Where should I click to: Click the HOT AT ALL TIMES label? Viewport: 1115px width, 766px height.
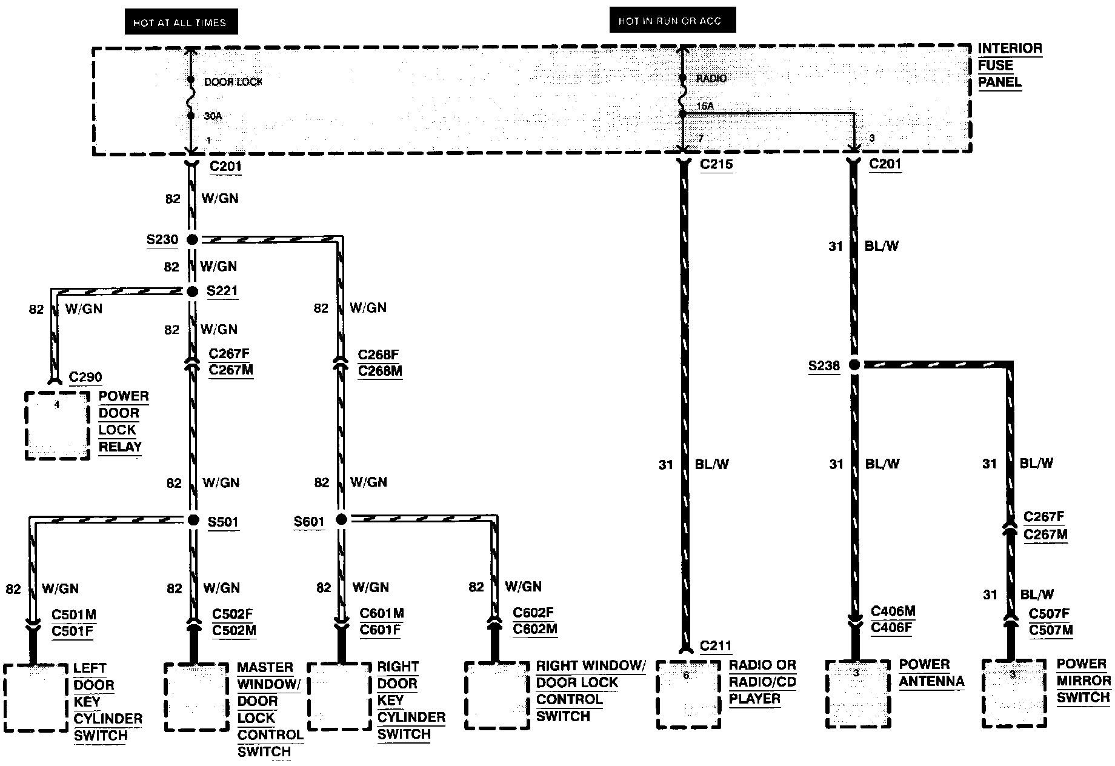point(180,22)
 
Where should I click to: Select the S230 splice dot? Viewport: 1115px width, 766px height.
point(192,240)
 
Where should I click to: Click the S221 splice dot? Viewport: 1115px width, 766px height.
point(192,291)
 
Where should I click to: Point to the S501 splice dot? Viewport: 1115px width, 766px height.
point(193,520)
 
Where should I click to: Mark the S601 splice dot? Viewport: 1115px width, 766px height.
point(341,519)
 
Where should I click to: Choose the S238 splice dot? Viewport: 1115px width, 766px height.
point(854,365)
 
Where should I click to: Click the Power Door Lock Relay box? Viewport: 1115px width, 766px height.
point(58,425)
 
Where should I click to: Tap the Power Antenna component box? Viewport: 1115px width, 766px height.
point(856,693)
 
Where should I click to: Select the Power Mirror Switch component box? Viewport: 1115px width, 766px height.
point(1013,693)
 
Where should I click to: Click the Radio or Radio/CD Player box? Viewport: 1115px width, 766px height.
point(687,694)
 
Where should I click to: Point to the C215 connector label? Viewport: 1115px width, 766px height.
point(716,164)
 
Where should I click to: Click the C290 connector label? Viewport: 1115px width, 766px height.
point(85,377)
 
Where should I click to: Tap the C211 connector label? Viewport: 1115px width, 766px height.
point(716,646)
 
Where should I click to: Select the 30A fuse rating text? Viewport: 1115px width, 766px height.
point(213,116)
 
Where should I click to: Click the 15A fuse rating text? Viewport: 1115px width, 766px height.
point(705,107)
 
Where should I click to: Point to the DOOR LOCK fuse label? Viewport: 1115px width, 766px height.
point(233,82)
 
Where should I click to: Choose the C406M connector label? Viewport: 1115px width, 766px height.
point(893,611)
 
